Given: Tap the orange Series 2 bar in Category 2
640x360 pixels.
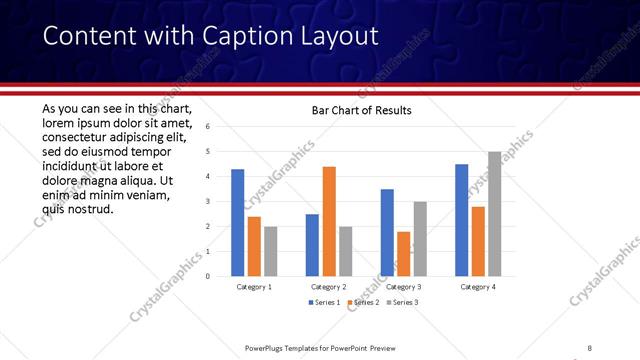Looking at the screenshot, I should pyautogui.click(x=329, y=221).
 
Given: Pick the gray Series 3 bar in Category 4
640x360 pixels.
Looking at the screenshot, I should pyautogui.click(x=494, y=214).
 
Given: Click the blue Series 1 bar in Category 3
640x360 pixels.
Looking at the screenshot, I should pyautogui.click(x=387, y=232).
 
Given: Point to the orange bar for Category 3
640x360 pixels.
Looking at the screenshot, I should pyautogui.click(x=403, y=254).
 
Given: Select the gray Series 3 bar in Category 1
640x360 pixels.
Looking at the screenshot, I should pyautogui.click(x=270, y=251).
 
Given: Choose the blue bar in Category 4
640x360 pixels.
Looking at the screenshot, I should pyautogui.click(x=461, y=220).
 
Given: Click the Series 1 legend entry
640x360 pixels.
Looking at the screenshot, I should pyautogui.click(x=325, y=302).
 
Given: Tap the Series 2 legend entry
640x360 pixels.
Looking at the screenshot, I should pyautogui.click(x=363, y=302).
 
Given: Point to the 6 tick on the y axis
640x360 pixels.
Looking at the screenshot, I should pyautogui.click(x=207, y=127).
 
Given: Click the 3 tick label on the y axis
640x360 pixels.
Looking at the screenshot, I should pyautogui.click(x=207, y=202).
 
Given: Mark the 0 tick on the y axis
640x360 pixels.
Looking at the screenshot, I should pyautogui.click(x=207, y=277).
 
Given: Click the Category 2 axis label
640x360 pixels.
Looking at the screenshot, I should pyautogui.click(x=329, y=288).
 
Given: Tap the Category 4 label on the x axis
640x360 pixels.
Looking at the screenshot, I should pyautogui.click(x=478, y=288).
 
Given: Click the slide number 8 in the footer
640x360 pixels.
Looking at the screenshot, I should pyautogui.click(x=589, y=348).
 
